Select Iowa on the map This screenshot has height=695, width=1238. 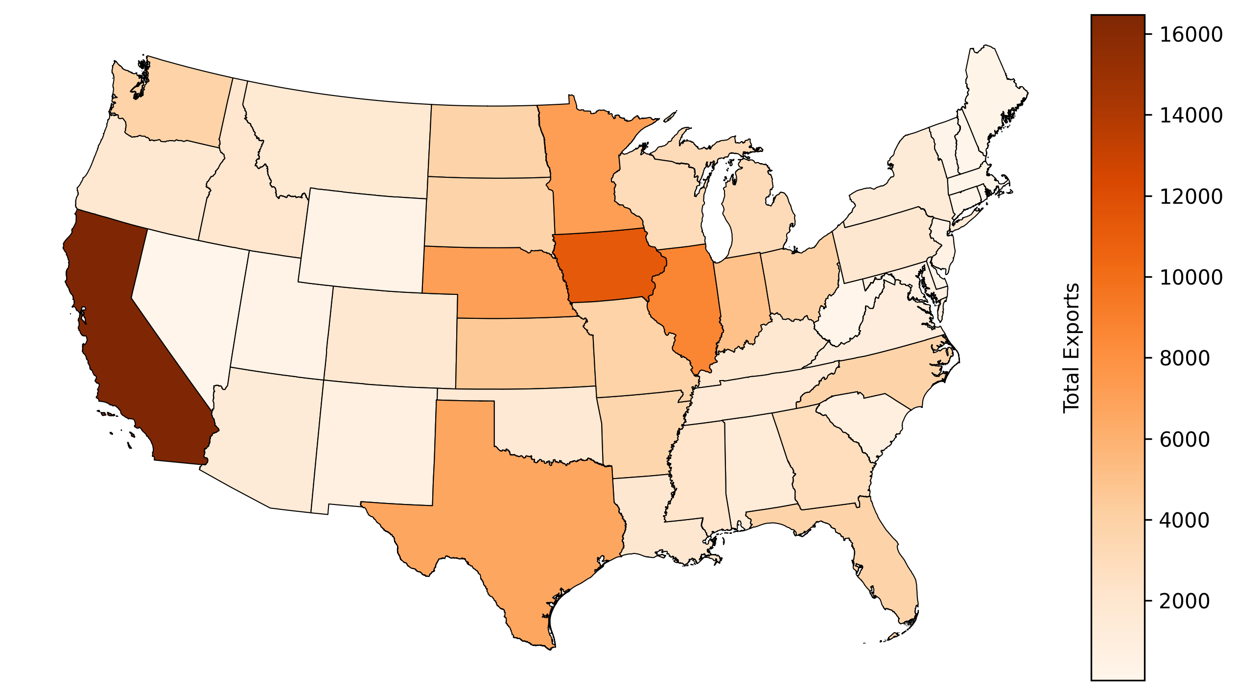tap(607, 267)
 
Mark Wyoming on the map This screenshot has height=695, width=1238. tap(362, 240)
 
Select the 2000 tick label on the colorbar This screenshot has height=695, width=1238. tap(1184, 601)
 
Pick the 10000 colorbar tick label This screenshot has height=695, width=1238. tap(1184, 277)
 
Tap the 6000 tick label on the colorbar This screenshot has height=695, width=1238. tap(1184, 439)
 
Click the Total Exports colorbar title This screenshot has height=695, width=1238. tap(1072, 348)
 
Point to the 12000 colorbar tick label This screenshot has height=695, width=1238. tap(1184, 196)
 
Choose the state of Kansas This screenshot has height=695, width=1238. tap(524, 353)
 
